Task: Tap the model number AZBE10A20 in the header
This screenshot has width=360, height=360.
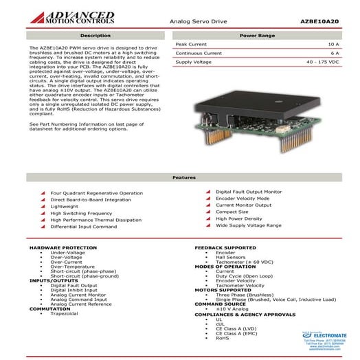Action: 320,22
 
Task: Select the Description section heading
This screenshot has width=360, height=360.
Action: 95,34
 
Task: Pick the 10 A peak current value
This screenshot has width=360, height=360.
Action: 333,43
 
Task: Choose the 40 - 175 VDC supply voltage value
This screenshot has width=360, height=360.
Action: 322,61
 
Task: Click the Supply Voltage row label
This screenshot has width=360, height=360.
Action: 193,61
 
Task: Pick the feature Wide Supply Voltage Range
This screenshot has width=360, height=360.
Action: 248,225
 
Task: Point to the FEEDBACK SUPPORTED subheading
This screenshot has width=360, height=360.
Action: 225,246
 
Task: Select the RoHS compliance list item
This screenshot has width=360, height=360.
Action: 222,337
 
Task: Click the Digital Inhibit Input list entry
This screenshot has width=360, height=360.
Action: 74,290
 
